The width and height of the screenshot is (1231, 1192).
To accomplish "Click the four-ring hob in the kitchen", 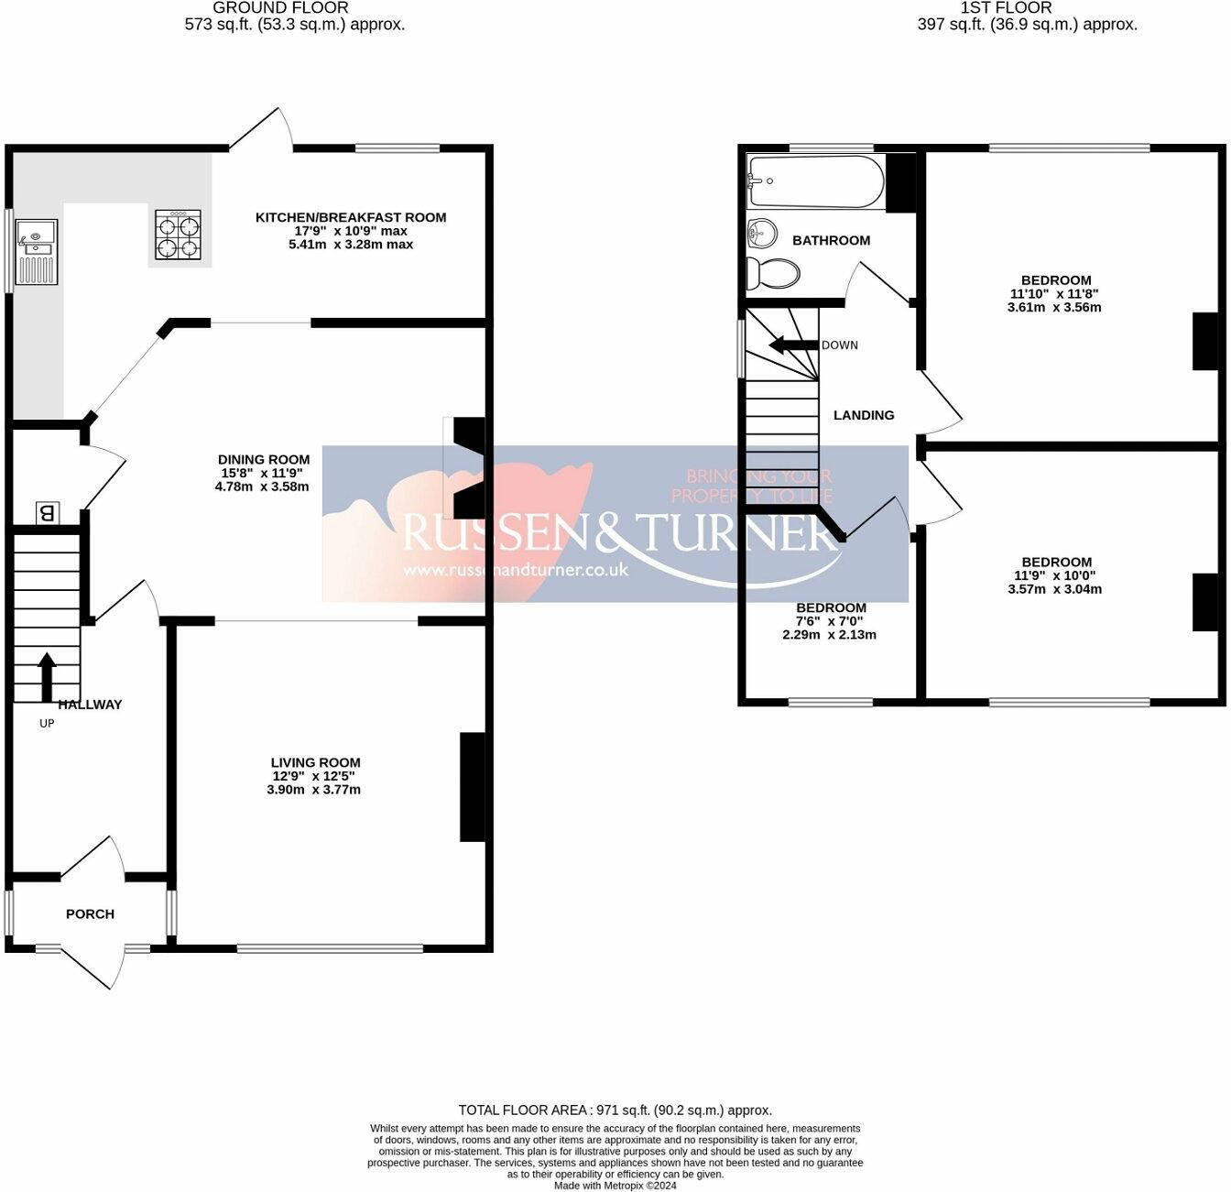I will coord(178,235).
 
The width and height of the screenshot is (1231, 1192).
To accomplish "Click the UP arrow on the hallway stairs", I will coord(46,676).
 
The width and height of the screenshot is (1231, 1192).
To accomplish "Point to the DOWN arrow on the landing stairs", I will coord(791,345).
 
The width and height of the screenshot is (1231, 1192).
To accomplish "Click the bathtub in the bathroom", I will coord(815,180).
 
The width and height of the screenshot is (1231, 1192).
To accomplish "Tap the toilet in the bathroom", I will coord(772,272).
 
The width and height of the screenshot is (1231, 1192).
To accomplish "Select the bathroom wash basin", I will coord(761,233).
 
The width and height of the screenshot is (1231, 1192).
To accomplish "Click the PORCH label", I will coord(90,913).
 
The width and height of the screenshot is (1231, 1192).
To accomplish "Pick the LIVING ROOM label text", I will coord(315,762).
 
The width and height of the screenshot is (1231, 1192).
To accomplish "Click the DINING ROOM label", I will coord(264,460).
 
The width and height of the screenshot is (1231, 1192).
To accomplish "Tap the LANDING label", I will coord(863,415).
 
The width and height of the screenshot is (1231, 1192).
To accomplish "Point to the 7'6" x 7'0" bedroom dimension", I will coord(830,621).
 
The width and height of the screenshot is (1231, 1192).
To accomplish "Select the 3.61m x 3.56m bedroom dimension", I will coord(1053,308).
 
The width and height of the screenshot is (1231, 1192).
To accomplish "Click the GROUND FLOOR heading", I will coord(280,7).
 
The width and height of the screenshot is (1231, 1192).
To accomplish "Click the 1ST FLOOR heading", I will coord(1006,7).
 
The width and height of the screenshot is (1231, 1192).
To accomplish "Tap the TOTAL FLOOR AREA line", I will coord(615,1110).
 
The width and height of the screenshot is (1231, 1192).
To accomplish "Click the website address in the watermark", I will coord(516,569).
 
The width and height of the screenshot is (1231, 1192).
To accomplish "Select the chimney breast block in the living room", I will coord(472,786).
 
